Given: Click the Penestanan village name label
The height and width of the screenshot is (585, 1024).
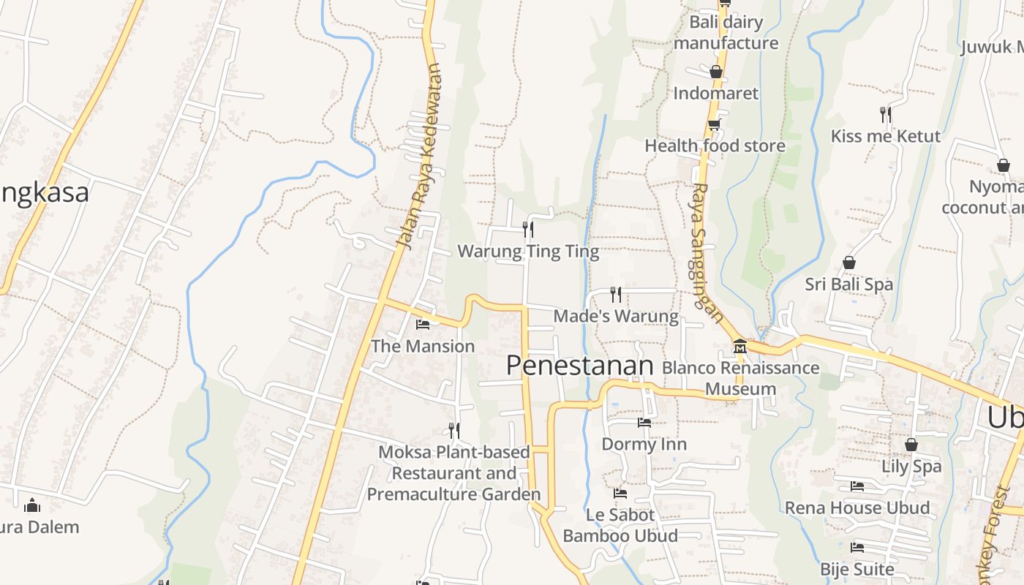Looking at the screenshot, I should pyautogui.click(x=579, y=365).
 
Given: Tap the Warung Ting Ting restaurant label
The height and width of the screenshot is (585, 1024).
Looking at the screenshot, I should pyautogui.click(x=528, y=252).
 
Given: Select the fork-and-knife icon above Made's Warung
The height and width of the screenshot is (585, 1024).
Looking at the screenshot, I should pyautogui.click(x=616, y=294).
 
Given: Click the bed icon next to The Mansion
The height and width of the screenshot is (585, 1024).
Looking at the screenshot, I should pyautogui.click(x=422, y=324).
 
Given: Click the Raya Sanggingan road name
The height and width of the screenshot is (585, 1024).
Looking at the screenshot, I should pyautogui.click(x=707, y=252).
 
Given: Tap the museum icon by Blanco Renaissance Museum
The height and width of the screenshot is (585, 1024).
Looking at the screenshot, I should pyautogui.click(x=739, y=345).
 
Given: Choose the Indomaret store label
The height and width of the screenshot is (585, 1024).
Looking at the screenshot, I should pyautogui.click(x=715, y=93).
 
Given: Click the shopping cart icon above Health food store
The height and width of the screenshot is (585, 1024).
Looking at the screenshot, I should pyautogui.click(x=714, y=124).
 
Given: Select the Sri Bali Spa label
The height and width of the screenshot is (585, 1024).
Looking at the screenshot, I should pyautogui.click(x=848, y=284).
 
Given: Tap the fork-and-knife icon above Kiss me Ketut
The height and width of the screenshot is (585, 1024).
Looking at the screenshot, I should pyautogui.click(x=885, y=113).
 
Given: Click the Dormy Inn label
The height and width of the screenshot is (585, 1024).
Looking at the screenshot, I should pyautogui.click(x=644, y=444).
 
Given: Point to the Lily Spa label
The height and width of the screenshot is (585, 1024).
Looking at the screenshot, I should pyautogui.click(x=911, y=466).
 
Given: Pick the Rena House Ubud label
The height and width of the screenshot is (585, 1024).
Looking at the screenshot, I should pyautogui.click(x=857, y=507).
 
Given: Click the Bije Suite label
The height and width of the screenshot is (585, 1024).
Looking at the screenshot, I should pyautogui.click(x=857, y=568).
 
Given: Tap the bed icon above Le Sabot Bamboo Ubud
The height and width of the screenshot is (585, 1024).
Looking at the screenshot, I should pyautogui.click(x=620, y=493).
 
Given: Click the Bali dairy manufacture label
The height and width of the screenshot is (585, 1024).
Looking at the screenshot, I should pyautogui.click(x=726, y=32).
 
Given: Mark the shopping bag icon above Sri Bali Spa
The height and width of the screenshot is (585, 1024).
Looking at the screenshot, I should pyautogui.click(x=849, y=262).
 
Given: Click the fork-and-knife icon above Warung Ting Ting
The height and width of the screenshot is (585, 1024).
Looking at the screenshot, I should pyautogui.click(x=527, y=230).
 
